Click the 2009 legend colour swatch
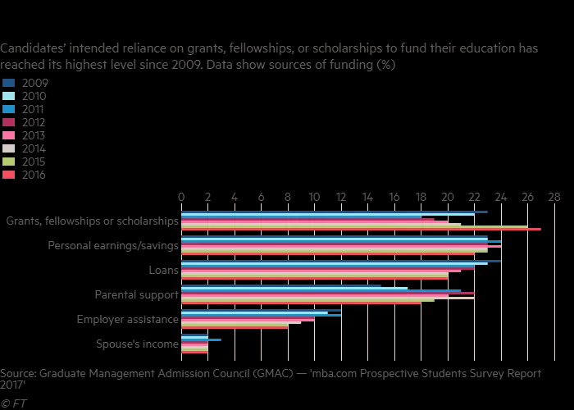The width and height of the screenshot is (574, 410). point(9,83)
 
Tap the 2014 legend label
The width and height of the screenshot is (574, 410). point(34,148)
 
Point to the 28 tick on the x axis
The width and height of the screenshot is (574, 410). point(554,197)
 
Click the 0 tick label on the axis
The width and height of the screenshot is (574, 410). point(181,197)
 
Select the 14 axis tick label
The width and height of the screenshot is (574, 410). point(367,197)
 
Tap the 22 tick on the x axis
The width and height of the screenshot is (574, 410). point(474,197)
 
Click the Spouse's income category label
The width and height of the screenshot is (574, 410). point(137,344)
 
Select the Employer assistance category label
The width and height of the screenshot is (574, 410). point(127,320)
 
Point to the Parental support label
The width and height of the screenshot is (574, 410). point(136,295)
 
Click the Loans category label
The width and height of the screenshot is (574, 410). point(162,271)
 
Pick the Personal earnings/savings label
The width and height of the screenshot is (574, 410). point(113,246)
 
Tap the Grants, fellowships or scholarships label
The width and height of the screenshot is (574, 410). point(92,221)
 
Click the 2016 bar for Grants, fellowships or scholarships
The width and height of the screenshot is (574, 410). point(361,230)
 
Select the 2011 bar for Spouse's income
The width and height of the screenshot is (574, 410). point(201,339)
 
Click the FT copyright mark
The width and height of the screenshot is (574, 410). point(13,403)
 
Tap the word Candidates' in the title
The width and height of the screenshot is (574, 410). point(32,48)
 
